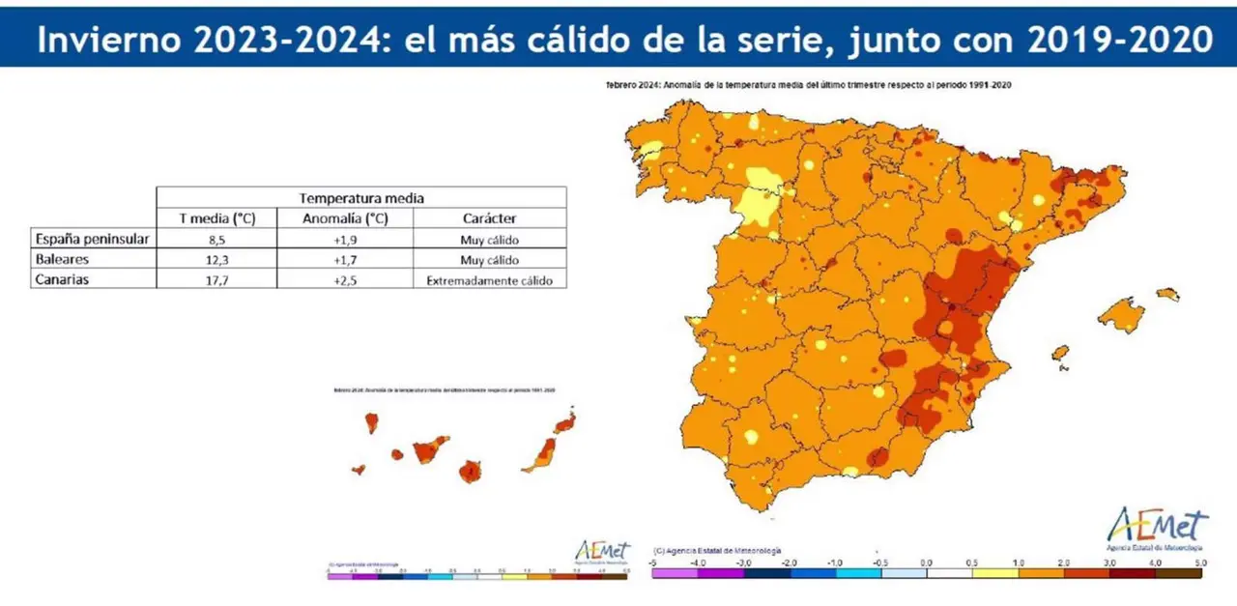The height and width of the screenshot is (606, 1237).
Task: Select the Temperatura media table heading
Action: pyautogui.click(x=360, y=197)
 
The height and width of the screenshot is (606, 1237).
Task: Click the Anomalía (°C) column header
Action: pyautogui.click(x=345, y=218)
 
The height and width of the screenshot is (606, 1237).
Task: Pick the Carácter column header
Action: pyautogui.click(x=489, y=218)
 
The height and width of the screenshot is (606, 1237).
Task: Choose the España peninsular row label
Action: pyautogui.click(x=91, y=239)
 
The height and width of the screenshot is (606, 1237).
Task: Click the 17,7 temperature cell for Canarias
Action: pyautogui.click(x=216, y=280)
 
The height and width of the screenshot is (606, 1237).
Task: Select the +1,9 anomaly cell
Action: pyautogui.click(x=345, y=239)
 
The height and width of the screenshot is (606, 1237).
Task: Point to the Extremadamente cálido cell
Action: pyautogui.click(x=489, y=280)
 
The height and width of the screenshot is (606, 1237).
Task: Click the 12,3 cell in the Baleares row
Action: pyautogui.click(x=216, y=260)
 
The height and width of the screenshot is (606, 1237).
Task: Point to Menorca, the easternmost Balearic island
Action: pyautogui.click(x=1167, y=294)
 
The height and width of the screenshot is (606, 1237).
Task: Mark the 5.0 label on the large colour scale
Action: pyautogui.click(x=1199, y=562)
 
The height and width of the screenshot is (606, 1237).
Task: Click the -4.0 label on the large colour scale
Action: pyautogui.click(x=697, y=562)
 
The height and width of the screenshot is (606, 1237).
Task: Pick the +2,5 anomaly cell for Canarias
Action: pyautogui.click(x=345, y=280)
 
